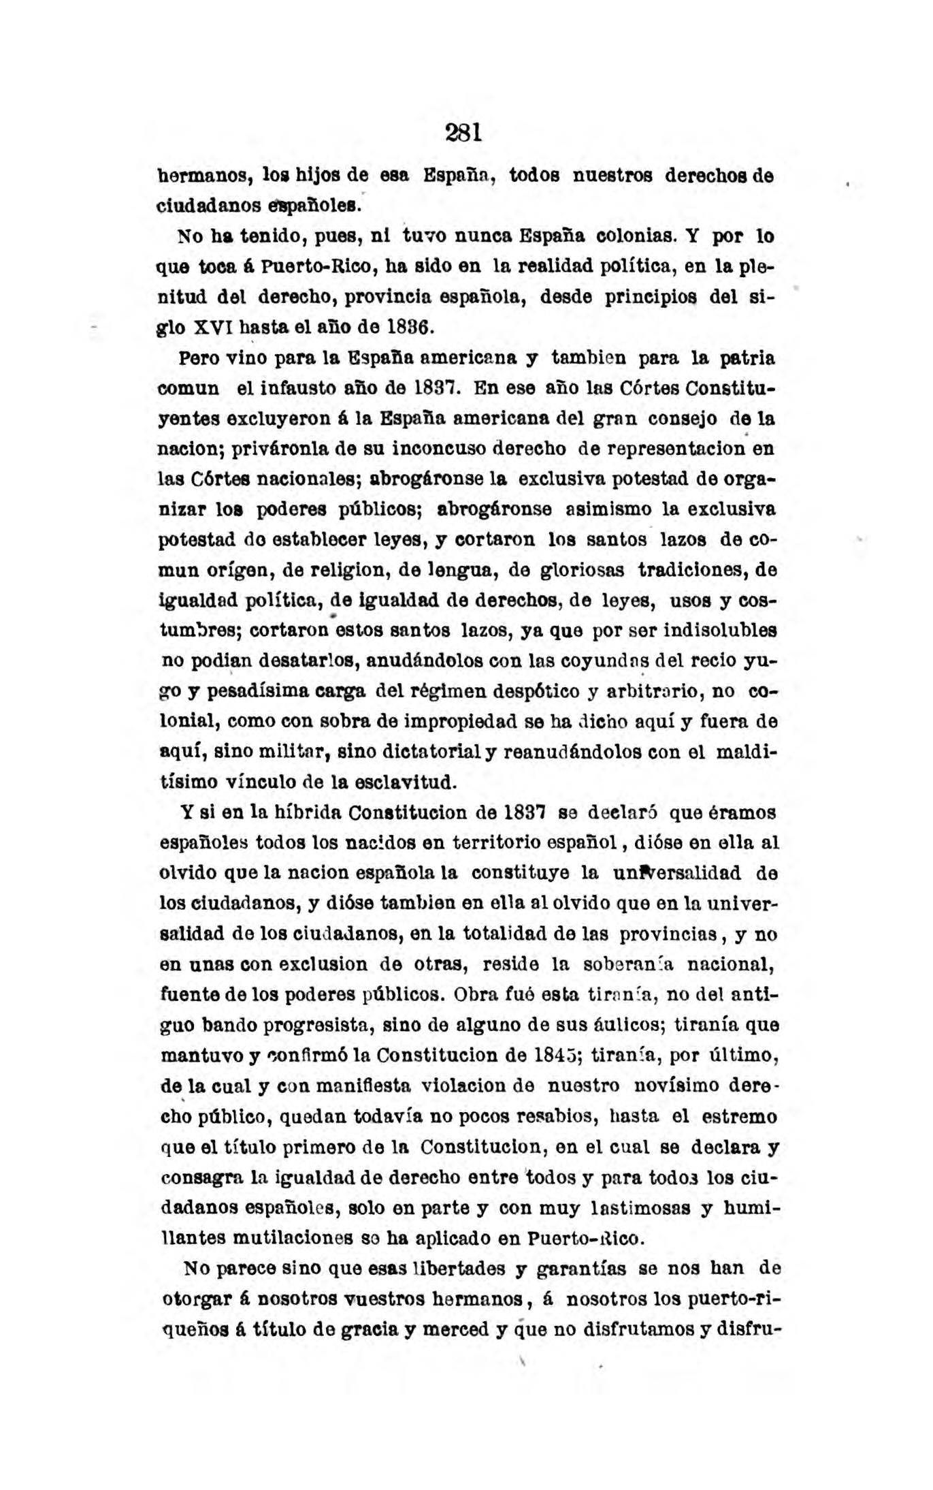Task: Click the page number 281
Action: (463, 132)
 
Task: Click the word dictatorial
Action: (440, 752)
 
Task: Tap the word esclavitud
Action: (408, 781)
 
